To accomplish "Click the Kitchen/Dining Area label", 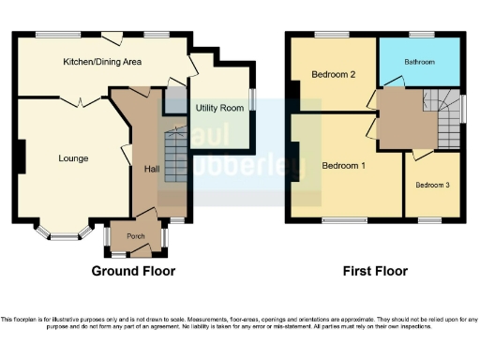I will click(x=102, y=62).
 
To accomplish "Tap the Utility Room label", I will click(x=219, y=109).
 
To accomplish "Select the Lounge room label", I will click(x=73, y=158).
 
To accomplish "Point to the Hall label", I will click(x=151, y=170).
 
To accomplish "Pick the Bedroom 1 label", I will click(x=343, y=166).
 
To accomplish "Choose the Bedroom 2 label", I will click(x=333, y=76).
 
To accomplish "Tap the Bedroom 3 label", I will click(x=432, y=185).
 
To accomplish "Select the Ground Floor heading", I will click(x=133, y=271).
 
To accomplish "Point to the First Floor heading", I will click(x=376, y=271).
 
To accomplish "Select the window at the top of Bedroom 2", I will click(x=331, y=36).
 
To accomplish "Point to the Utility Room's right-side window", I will click(x=253, y=99).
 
